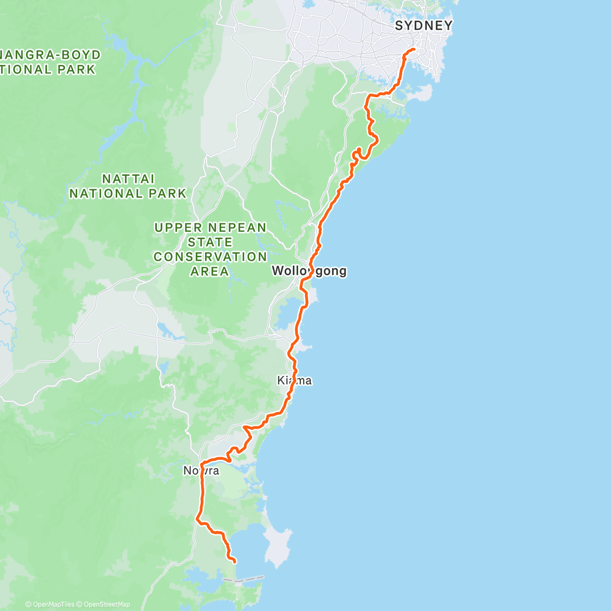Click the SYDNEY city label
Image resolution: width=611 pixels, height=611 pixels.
[424, 25]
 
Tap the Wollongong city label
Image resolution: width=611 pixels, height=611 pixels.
[309, 271]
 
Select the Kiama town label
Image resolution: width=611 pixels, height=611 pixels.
[294, 380]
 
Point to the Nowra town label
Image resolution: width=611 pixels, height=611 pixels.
[202, 470]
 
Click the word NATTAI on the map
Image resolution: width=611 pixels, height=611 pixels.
[128, 179]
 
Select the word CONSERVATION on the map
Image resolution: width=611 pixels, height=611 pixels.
[210, 257]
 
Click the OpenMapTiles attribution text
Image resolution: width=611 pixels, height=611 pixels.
[50, 604]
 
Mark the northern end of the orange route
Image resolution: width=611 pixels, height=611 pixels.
[414, 49]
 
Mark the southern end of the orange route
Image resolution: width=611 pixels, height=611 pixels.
[235, 562]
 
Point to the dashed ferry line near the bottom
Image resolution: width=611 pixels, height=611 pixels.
[244, 579]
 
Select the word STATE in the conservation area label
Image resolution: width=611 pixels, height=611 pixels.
[210, 242]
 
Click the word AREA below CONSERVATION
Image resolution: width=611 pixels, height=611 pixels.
[210, 272]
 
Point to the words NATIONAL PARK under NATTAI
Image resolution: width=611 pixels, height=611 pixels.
[128, 194]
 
